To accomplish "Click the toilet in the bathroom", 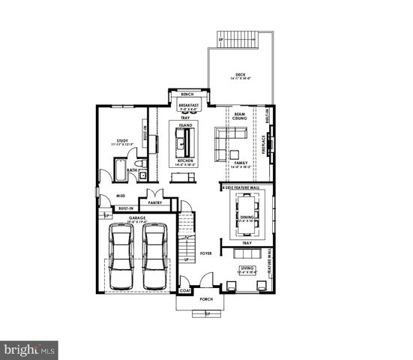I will [x=139, y=163].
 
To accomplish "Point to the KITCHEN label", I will [x=186, y=160].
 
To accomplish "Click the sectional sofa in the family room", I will [x=228, y=138].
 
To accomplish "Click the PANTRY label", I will [x=155, y=202].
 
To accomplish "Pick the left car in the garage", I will [x=121, y=256].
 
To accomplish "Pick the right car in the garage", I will [x=155, y=256].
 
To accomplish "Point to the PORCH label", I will [x=206, y=299].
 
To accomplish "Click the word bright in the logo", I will [x=22, y=349].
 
